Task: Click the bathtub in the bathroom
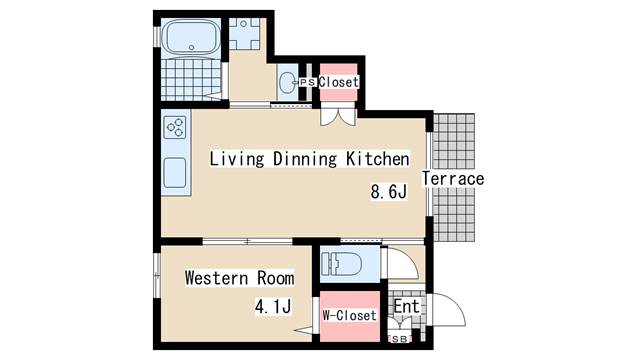[x=191, y=38]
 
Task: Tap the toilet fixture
[x=342, y=263]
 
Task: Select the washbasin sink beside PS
[x=288, y=82]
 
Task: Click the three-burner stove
[x=175, y=127]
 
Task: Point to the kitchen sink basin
[x=175, y=173]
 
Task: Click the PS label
[x=307, y=82]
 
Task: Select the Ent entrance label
[x=407, y=307]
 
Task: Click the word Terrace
[x=453, y=178]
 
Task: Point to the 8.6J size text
[x=389, y=191]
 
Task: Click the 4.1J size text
[x=273, y=306]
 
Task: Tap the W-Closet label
[x=349, y=315]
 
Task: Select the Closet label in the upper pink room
[x=338, y=82]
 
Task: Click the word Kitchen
[x=378, y=159]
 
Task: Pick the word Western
[x=216, y=278]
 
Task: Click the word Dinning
[x=305, y=159]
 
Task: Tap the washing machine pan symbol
[x=244, y=33]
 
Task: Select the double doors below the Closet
[x=338, y=116]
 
